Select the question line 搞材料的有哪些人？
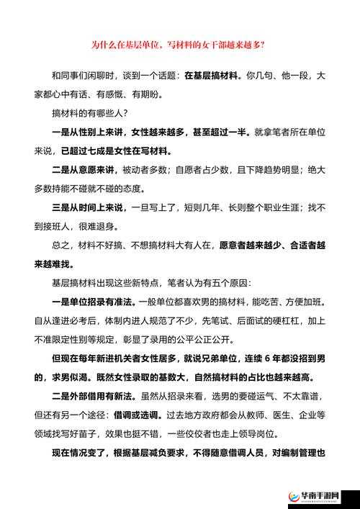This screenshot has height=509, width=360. [89, 114]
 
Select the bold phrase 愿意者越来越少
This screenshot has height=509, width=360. [249, 245]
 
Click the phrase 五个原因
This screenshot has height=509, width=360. [240, 282]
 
